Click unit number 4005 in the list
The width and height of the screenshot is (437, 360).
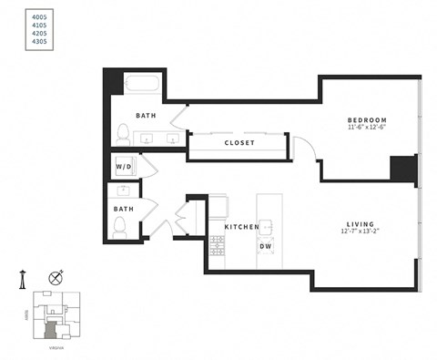pyautogui.click(x=39, y=15)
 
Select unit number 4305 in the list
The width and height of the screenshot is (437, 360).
pyautogui.click(x=39, y=41)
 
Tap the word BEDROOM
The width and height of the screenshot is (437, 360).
pyautogui.click(x=368, y=120)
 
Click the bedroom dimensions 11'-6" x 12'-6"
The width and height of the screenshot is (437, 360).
pyautogui.click(x=368, y=129)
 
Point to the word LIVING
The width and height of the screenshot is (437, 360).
pyautogui.click(x=361, y=223)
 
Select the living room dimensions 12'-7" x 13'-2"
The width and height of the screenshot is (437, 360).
pyautogui.click(x=361, y=232)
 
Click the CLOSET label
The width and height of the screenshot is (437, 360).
pyautogui.click(x=239, y=143)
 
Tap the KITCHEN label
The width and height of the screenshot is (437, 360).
pyautogui.click(x=242, y=227)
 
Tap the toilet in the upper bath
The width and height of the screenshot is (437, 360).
pyautogui.click(x=123, y=134)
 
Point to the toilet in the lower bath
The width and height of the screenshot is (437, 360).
pyautogui.click(x=119, y=229)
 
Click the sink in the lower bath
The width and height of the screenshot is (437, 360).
pyautogui.click(x=121, y=191)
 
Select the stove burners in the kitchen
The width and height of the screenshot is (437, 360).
pyautogui.click(x=217, y=244)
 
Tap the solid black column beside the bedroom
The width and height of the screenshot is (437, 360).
pyautogui.click(x=401, y=170)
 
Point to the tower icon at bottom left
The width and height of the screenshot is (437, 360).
pyautogui.click(x=26, y=279)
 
